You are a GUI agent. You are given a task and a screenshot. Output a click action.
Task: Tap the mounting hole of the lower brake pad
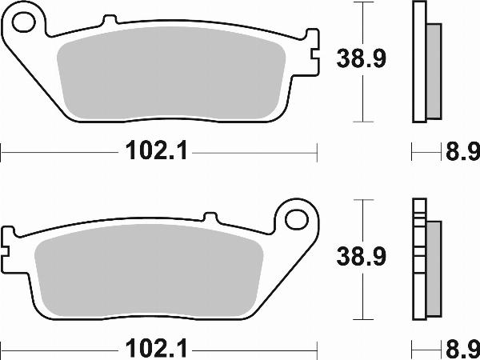point(298,217)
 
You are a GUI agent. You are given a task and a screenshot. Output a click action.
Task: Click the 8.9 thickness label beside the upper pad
point(461,150)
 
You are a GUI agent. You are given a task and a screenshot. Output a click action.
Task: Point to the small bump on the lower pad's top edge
point(210,217)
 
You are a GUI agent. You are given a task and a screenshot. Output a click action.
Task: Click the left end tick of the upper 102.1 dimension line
point(2,150)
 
